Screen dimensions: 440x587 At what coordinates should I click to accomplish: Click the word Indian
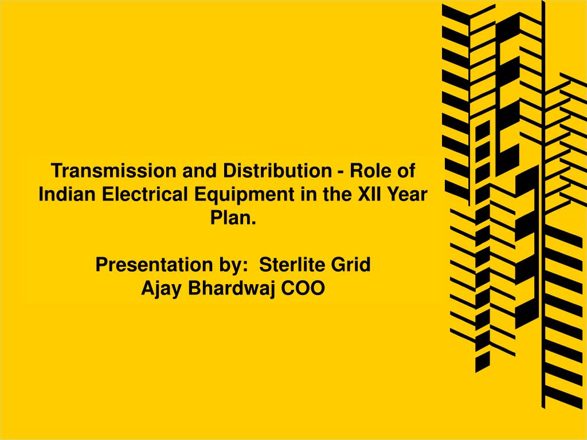click(x=67, y=194)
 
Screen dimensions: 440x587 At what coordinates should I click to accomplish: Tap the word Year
click(x=406, y=194)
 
